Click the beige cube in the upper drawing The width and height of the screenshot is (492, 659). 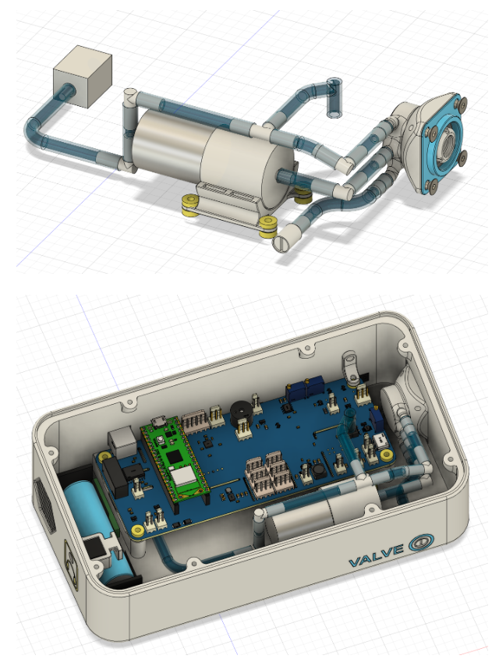point(83,79)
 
